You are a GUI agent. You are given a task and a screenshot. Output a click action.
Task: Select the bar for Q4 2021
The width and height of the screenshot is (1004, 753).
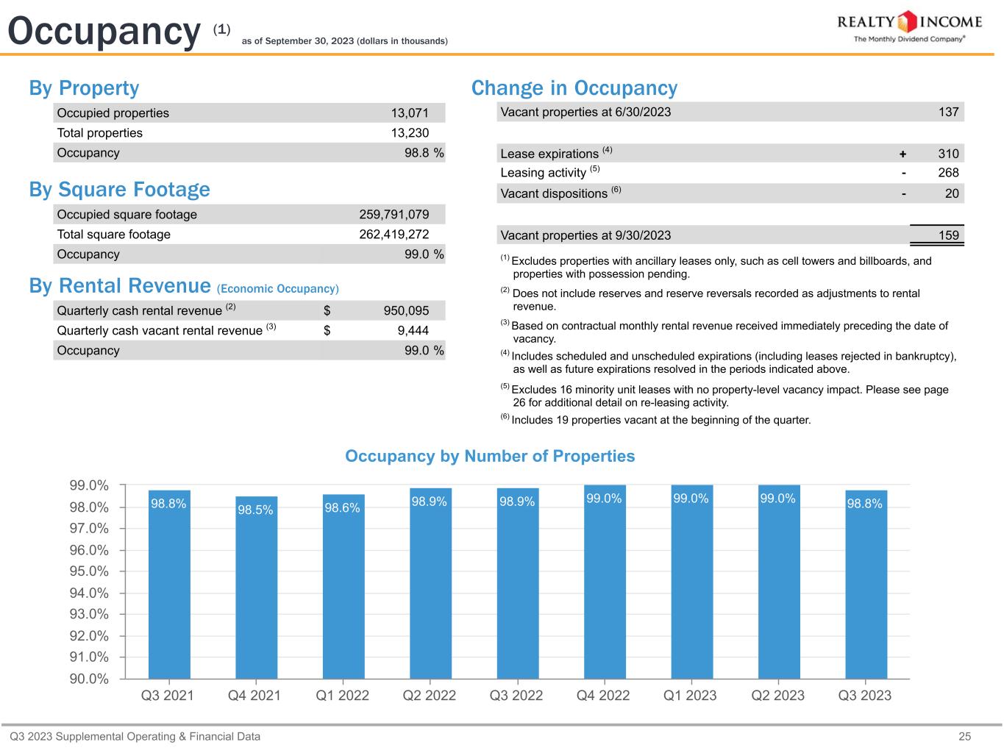click(256, 588)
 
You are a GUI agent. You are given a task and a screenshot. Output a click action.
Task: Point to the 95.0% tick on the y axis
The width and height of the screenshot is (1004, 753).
click(89, 571)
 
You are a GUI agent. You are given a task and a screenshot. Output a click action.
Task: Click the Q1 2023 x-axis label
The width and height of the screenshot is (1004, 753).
click(690, 696)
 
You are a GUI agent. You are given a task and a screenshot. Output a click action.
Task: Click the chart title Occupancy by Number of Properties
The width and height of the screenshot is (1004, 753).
click(490, 456)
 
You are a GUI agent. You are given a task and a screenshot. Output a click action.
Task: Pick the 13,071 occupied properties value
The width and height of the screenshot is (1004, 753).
click(409, 113)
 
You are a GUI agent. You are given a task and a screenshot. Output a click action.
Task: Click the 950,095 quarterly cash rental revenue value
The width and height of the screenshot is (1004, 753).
click(406, 310)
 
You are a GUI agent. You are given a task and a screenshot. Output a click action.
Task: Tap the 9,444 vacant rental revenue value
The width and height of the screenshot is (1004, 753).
click(413, 331)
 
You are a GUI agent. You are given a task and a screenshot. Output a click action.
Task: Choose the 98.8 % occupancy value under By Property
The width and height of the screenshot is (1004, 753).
click(424, 153)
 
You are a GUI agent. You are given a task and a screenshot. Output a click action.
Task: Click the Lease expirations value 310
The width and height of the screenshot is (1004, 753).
click(948, 154)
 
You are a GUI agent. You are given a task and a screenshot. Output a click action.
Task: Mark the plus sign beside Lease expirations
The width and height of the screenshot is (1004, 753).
click(902, 154)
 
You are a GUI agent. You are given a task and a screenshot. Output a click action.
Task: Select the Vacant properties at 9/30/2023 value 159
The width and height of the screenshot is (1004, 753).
click(948, 235)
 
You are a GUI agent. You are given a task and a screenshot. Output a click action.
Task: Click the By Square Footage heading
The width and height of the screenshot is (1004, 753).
click(119, 190)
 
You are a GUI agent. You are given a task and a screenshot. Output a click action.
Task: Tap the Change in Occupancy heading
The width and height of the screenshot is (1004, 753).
click(574, 88)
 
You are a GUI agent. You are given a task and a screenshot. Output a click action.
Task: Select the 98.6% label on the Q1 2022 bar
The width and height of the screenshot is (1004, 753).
click(342, 508)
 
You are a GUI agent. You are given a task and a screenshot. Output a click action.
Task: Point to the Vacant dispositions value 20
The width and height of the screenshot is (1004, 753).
click(952, 193)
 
